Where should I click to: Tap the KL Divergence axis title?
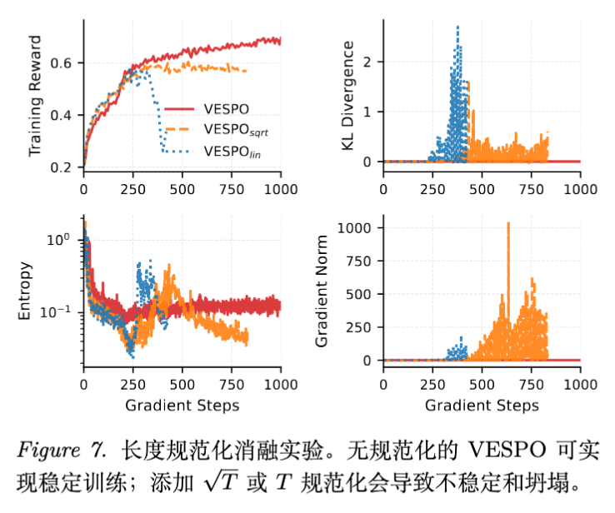click(x=348, y=97)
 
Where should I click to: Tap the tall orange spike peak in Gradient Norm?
click(x=508, y=223)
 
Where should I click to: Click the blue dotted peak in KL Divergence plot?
click(x=457, y=27)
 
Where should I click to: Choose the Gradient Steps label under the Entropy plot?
click(x=182, y=406)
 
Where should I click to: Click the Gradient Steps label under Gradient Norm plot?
click(x=482, y=406)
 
